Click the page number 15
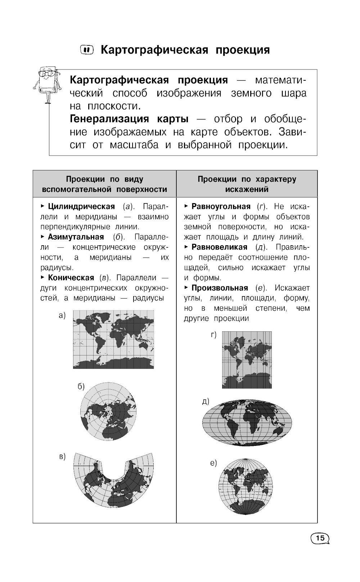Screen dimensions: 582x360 pos(319,538)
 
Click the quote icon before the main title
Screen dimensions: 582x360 pos(86,50)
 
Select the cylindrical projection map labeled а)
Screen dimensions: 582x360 pos(113,339)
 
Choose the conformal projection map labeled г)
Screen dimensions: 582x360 pos(247,359)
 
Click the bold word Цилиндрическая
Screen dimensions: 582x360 pos(81,206)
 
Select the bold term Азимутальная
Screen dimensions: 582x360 pos(76,237)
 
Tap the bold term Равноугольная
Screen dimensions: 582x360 pos(221,206)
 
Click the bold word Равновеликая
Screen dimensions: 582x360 pos(219,247)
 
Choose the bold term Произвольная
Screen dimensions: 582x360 pos(220,288)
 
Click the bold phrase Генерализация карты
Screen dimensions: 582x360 pos(129,119)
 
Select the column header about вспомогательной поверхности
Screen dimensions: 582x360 pos(104,184)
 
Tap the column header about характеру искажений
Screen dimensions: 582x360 pos(247,184)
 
